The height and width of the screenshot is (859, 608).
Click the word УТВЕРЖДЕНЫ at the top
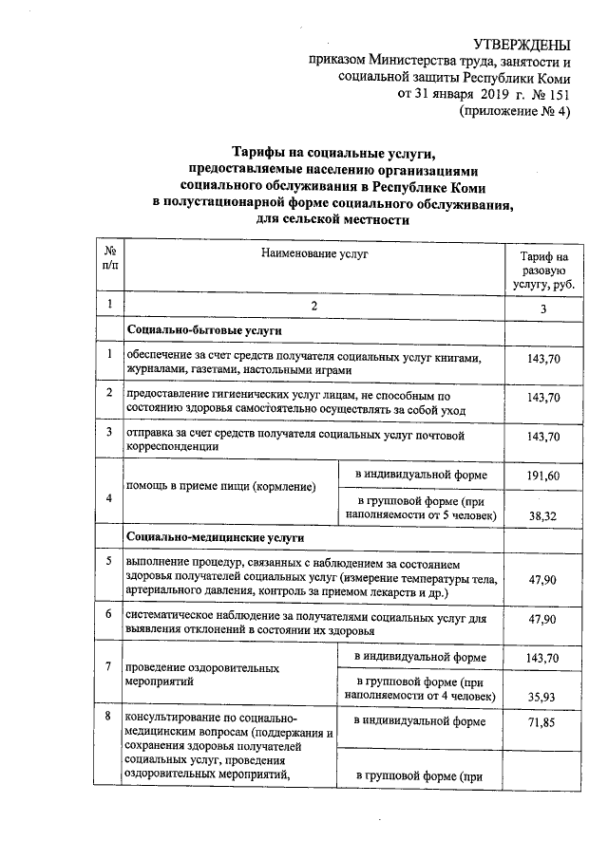coord(526,45)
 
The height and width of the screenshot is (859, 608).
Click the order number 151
coord(560,95)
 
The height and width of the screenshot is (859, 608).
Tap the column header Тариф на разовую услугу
coord(538,271)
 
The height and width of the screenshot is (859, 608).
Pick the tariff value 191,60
coord(538,476)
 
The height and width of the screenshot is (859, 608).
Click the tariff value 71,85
coord(538,722)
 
